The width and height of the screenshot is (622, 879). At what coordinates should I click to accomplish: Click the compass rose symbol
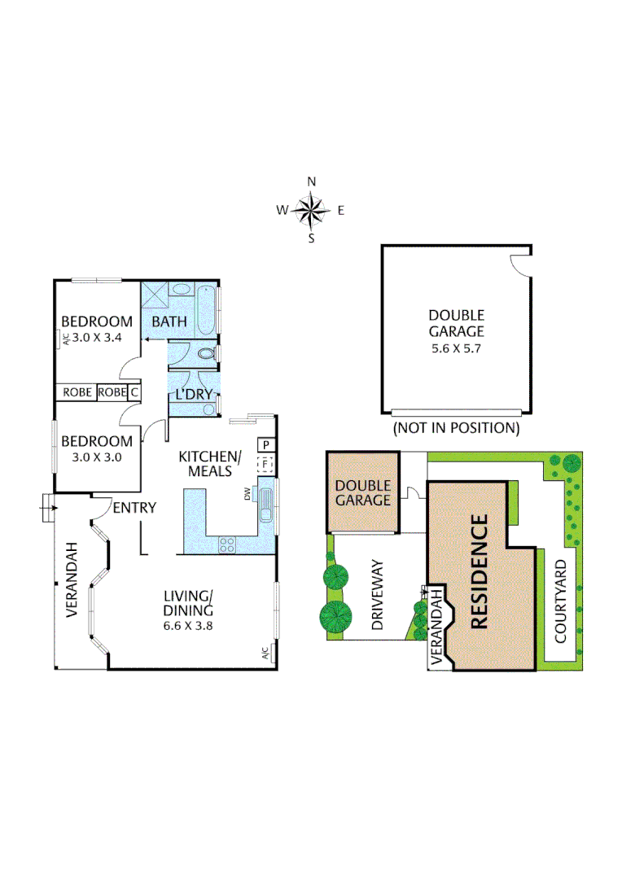coord(310,210)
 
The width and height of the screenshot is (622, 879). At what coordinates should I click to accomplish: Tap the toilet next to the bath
coord(207,354)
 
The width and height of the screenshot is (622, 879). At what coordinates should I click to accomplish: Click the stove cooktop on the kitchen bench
coord(227,545)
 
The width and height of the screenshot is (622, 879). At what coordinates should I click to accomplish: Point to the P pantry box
coord(265,445)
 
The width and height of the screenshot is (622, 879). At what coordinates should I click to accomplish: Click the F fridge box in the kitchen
coord(265,465)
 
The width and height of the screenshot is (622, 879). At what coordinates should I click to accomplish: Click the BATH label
coord(170,321)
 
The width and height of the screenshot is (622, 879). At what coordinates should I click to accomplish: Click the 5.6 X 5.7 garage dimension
coord(456,348)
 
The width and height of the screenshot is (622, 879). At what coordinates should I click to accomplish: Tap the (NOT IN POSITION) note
coord(456,427)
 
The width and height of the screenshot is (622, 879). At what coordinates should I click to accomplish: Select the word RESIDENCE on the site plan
coord(479,571)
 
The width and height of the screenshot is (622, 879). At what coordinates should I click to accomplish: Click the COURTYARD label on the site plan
coord(561,601)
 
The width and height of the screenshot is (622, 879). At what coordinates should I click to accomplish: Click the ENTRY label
coord(134,508)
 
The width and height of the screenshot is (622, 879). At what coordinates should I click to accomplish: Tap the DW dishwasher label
coord(247,492)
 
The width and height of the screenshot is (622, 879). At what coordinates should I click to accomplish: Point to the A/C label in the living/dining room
coord(265,654)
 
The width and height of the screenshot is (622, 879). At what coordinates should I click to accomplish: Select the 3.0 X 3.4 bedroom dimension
coord(98,338)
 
